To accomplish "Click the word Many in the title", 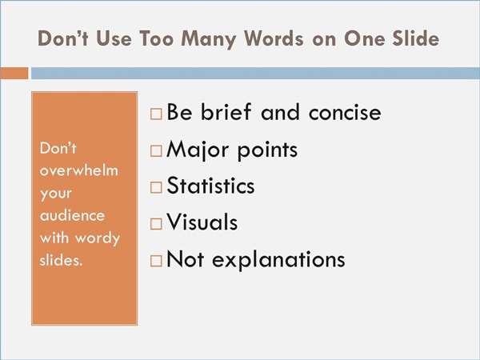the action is (x=208, y=39).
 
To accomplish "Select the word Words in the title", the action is (x=274, y=38).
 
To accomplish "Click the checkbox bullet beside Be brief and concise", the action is (x=156, y=114).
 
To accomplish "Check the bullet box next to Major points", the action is (x=156, y=151).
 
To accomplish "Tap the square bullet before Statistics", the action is (x=156, y=187).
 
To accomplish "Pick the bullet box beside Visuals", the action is (x=156, y=224).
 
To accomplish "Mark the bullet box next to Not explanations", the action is (x=156, y=261).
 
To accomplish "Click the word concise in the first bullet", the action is (x=345, y=112).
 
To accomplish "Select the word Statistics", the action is (x=210, y=186).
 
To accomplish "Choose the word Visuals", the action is (x=202, y=222).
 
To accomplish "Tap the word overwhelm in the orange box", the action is (x=79, y=170).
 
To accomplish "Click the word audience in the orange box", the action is (x=72, y=215).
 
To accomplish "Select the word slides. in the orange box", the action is (x=62, y=260).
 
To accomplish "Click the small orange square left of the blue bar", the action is (x=14, y=74).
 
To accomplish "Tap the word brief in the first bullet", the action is (x=226, y=112).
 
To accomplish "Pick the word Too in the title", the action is (x=157, y=38).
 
